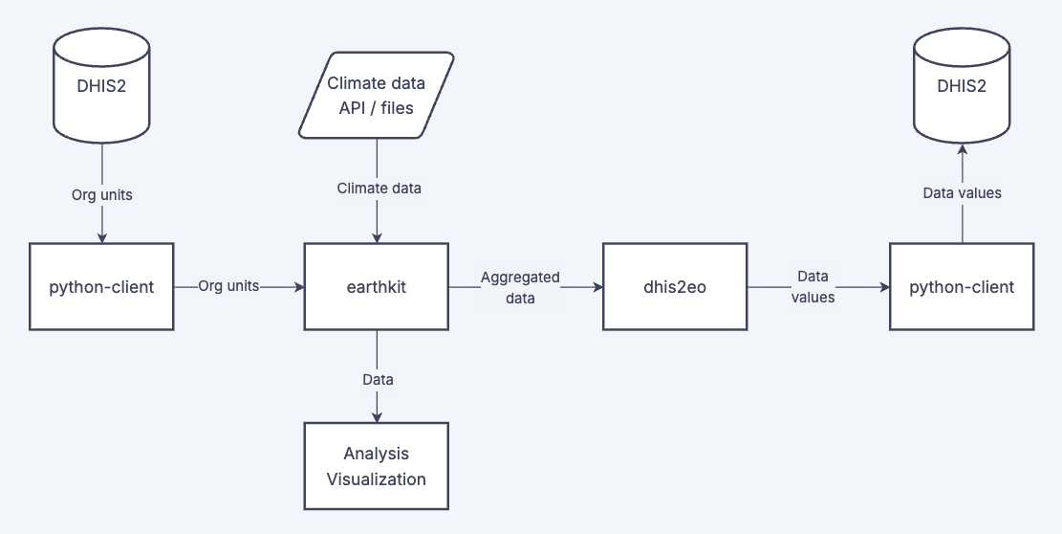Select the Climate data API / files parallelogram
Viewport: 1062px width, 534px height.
(377, 96)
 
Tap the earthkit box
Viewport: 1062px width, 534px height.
(377, 286)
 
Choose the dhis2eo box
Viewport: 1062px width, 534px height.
(675, 286)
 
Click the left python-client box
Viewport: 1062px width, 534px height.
(101, 286)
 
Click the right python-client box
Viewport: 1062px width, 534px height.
(962, 286)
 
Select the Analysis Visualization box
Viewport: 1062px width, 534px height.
(377, 466)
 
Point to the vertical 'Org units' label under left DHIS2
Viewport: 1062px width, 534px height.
(101, 194)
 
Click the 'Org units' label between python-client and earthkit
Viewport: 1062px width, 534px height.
(228, 286)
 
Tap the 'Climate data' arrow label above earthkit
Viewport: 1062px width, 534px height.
(379, 189)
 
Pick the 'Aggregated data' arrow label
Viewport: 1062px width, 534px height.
(520, 287)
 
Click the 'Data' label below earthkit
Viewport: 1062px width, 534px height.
(378, 379)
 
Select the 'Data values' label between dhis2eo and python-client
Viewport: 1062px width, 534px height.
(815, 287)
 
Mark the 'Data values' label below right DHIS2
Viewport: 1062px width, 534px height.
(962, 193)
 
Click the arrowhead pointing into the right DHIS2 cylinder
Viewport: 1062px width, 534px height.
(962, 148)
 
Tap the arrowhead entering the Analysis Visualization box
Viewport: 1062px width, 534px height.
(377, 417)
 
